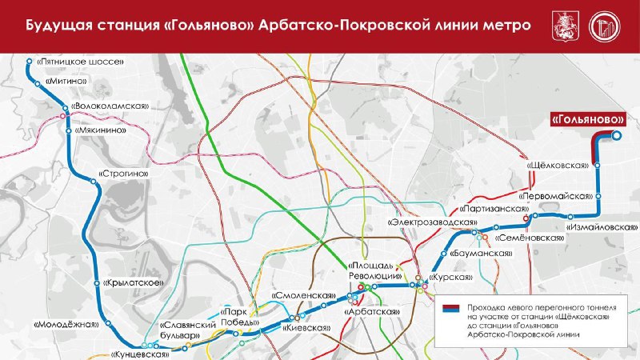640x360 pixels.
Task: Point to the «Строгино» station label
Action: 124,173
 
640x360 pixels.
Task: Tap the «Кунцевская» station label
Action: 141,353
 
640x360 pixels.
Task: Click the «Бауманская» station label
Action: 480,254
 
